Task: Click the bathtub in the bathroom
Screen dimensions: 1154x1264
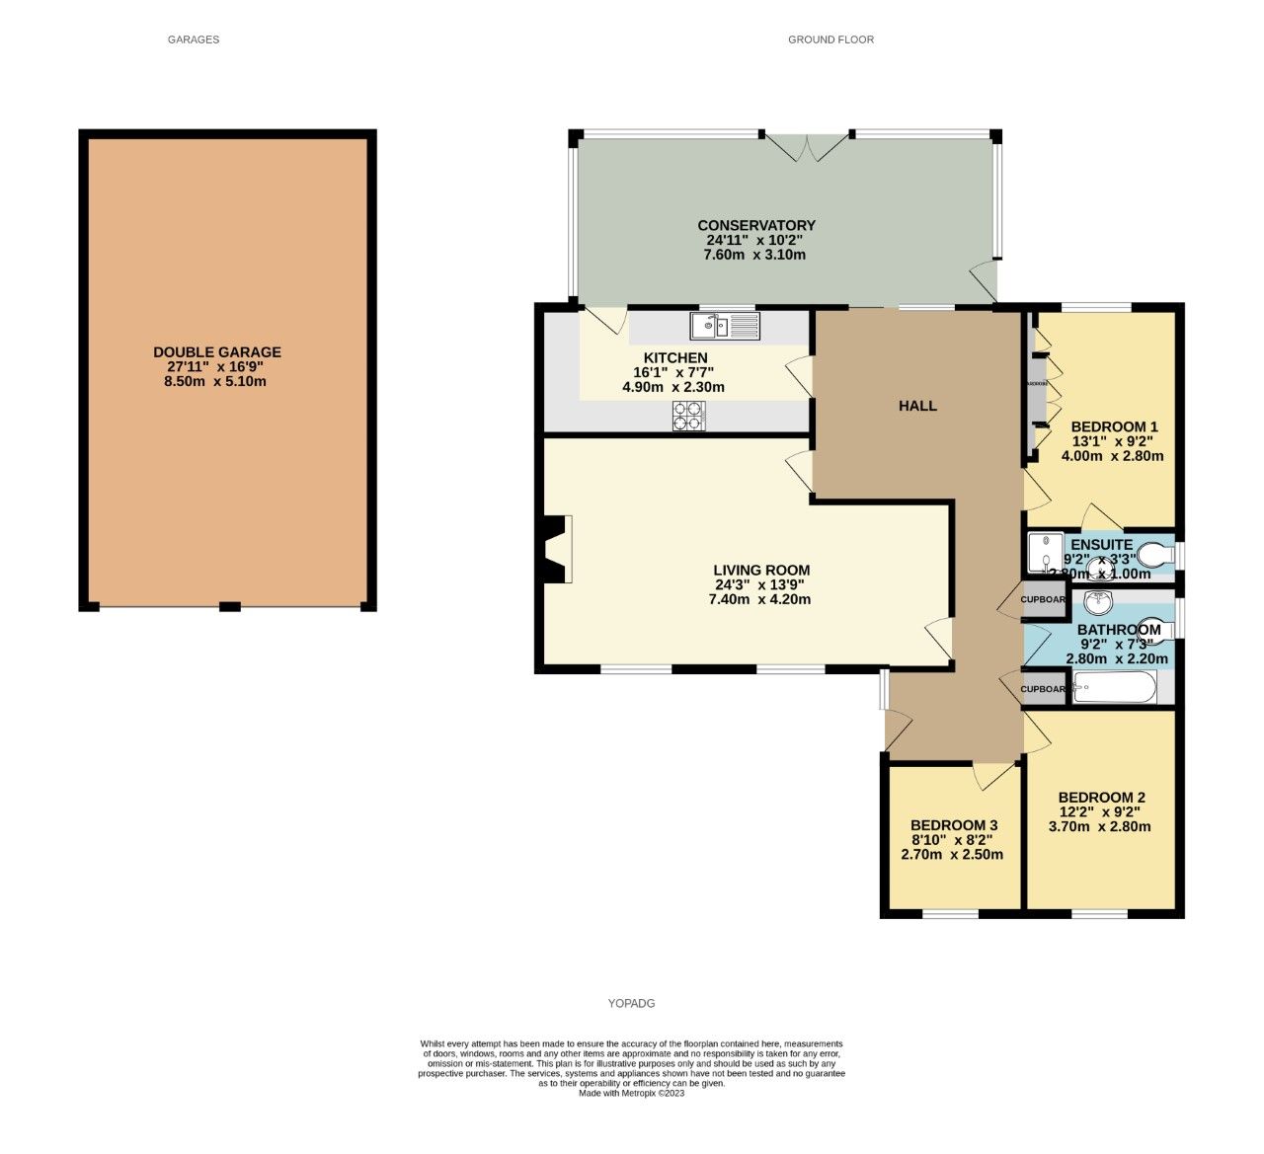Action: click(x=1113, y=687)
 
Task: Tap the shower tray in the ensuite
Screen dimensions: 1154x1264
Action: click(x=1045, y=554)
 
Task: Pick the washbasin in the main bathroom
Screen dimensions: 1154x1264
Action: click(x=1097, y=601)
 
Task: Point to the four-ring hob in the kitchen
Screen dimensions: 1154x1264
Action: click(x=689, y=420)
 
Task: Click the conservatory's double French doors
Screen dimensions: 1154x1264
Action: click(x=808, y=147)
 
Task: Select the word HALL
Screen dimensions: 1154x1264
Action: click(x=917, y=406)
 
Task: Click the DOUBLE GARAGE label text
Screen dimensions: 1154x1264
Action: click(x=217, y=352)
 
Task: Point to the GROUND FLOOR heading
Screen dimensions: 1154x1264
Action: click(x=830, y=39)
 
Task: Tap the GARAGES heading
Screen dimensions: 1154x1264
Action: click(x=194, y=39)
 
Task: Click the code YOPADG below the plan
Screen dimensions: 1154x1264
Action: click(x=631, y=1003)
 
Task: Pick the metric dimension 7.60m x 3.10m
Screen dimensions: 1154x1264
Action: click(x=754, y=255)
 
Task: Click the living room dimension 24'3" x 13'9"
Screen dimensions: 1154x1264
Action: click(x=761, y=584)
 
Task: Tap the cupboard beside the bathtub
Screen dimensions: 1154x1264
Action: click(x=1044, y=689)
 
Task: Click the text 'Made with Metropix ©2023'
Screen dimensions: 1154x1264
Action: click(x=631, y=1093)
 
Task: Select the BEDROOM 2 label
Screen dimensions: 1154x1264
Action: click(x=1101, y=798)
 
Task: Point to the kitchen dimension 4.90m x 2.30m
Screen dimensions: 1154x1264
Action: click(x=673, y=387)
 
